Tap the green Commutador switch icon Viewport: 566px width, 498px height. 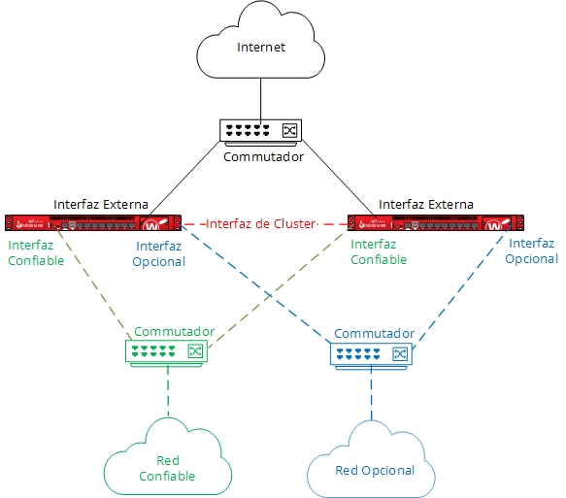coord(168,351)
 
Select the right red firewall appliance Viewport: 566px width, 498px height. coord(429,223)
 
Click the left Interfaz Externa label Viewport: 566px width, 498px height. coord(100,205)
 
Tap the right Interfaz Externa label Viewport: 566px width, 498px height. coord(425,205)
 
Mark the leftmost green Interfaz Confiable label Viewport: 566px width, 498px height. coord(36,253)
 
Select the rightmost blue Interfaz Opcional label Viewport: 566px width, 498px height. coord(533,250)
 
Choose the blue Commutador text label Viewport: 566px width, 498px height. coord(374,333)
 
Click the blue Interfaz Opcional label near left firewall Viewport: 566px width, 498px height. coord(159,253)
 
